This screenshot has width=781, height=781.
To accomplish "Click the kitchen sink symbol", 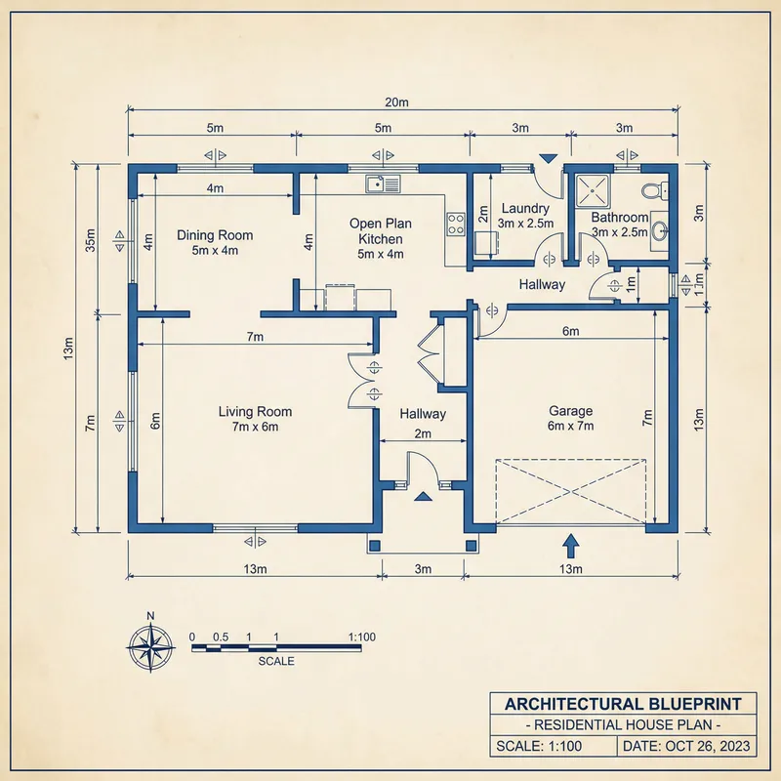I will pos(383,183).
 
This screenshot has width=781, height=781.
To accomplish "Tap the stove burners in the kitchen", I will pos(455,224).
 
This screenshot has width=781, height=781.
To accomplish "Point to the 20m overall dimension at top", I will pos(396,102).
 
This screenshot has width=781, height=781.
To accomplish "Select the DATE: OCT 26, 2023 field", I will pos(688,746).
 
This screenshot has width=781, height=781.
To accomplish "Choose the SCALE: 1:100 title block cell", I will pos(554,746).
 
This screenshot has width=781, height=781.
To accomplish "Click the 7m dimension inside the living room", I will pos(255,337).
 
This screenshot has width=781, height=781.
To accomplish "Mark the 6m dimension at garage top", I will pos(571,332).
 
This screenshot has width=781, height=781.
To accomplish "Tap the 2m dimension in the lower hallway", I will pos(423,433).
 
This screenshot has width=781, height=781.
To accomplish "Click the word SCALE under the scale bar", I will pos(276,661).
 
